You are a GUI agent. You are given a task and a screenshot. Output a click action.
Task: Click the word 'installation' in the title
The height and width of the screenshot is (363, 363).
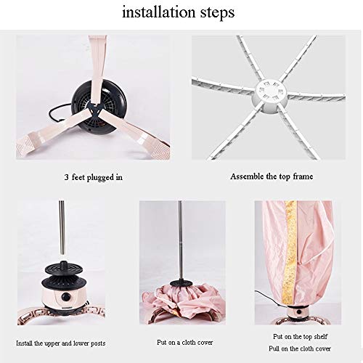tap(158, 12)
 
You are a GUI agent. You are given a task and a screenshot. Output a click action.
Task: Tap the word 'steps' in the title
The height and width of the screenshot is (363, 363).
tap(217, 13)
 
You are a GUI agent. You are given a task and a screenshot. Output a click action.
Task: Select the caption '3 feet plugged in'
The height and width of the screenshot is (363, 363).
tap(94, 177)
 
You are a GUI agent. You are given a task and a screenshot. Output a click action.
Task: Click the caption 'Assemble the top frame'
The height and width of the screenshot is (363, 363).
tap(272, 176)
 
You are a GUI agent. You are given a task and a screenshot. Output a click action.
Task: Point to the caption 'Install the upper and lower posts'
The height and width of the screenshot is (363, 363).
tap(61, 343)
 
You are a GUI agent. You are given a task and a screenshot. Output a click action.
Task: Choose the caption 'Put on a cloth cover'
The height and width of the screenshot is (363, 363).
tap(185, 343)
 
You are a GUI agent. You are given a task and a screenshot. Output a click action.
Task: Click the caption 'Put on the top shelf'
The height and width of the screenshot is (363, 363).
tap(300, 336)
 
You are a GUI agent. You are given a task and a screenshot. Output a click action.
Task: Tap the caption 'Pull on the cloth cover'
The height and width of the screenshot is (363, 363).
tap(300, 348)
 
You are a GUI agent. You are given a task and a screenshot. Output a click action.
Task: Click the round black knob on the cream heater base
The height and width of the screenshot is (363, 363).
tap(66, 296)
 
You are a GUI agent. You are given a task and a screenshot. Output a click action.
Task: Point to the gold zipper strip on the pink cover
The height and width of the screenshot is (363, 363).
tap(290, 253)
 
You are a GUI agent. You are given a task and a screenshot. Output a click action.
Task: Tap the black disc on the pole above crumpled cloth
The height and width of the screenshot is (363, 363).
tap(180, 283)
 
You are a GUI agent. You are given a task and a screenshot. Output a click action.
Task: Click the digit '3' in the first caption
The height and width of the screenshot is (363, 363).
tap(67, 177)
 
